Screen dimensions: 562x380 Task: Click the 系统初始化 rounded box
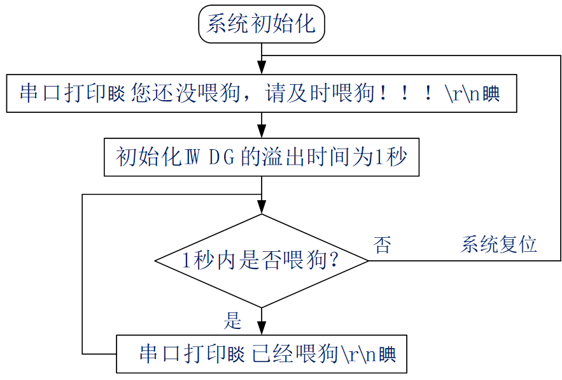[x=262, y=24]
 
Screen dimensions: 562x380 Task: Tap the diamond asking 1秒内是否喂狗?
[x=262, y=260]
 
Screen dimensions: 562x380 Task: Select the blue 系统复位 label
[x=499, y=244]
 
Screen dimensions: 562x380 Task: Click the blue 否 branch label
[x=382, y=245]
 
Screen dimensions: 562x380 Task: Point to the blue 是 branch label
[x=232, y=320]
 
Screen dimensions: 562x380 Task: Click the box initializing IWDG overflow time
[x=262, y=157]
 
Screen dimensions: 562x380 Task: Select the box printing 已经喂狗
[x=262, y=354]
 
